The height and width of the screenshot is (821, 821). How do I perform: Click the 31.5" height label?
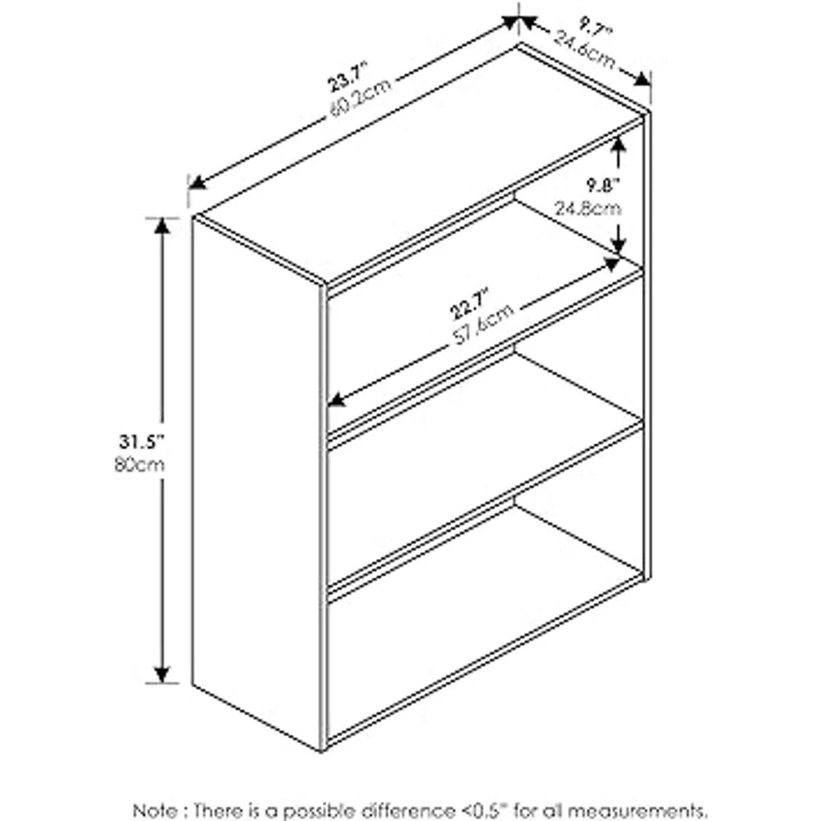(x=142, y=443)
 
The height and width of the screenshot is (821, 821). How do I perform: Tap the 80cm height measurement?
(x=140, y=465)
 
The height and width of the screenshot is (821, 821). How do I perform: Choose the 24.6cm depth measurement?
(x=584, y=49)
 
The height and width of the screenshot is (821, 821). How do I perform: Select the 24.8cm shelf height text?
(x=588, y=209)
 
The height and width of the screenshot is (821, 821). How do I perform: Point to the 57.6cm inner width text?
(x=483, y=325)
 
